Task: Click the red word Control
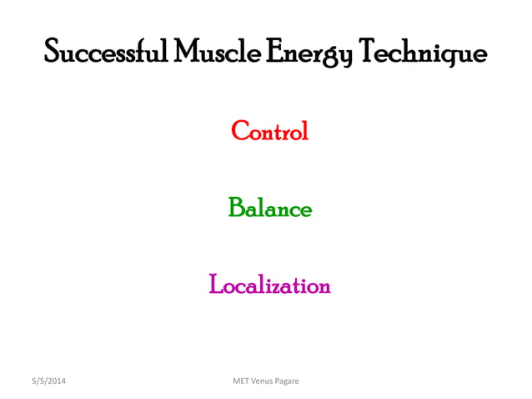click(269, 131)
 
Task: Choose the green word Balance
click(269, 208)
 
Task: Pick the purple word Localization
click(269, 285)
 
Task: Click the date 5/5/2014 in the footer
click(48, 381)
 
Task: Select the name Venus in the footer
click(268, 381)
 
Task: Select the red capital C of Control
click(238, 131)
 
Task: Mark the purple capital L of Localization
click(215, 285)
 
